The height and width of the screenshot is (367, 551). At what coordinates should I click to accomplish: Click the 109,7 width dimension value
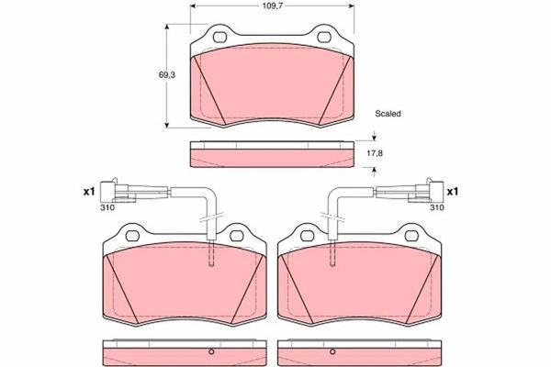272,6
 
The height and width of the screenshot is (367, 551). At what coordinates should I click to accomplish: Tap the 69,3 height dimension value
167,75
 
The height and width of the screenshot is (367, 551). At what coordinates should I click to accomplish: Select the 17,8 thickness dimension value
374,153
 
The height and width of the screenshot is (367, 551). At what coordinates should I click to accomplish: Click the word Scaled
388,114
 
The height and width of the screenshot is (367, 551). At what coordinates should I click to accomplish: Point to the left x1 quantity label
89,192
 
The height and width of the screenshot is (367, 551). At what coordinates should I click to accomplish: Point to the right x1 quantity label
453,192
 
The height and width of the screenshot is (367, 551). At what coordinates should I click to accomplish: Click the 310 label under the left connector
107,207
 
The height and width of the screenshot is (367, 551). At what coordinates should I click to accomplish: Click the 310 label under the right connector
437,207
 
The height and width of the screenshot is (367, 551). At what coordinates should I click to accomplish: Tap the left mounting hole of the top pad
220,37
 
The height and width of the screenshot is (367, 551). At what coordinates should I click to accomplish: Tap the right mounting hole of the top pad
323,37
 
